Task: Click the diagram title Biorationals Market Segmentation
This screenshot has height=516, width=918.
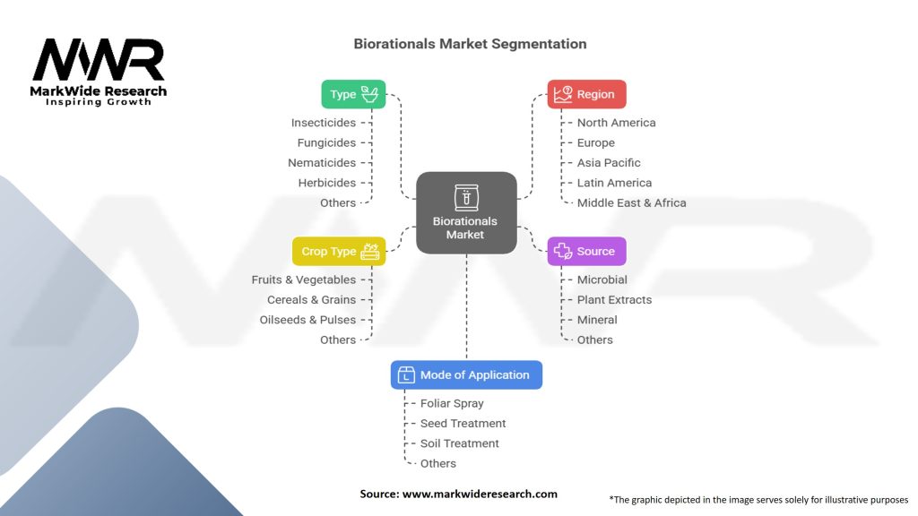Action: tap(470, 44)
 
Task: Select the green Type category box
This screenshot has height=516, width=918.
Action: tap(353, 94)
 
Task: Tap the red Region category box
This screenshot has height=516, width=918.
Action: tap(586, 94)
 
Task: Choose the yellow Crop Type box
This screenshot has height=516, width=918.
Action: tap(339, 252)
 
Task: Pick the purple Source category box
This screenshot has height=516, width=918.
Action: tap(586, 252)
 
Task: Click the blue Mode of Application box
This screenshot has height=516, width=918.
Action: tap(466, 375)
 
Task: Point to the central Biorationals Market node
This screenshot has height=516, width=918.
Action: tap(465, 212)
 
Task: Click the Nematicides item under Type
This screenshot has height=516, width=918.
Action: tap(322, 163)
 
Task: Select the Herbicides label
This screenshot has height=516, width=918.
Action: tap(327, 183)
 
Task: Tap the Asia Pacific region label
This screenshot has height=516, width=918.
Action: tap(609, 163)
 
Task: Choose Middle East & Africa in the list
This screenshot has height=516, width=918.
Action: tap(631, 203)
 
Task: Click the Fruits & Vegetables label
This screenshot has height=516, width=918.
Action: tap(304, 280)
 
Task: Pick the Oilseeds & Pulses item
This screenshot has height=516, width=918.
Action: tap(307, 320)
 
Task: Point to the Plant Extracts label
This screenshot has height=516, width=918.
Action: tap(614, 300)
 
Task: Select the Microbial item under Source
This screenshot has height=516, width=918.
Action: tap(602, 280)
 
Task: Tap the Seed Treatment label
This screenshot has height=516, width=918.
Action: tap(463, 424)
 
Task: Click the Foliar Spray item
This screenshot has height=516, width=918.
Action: tap(452, 404)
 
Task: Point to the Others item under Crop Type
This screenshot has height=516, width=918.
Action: tap(338, 340)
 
